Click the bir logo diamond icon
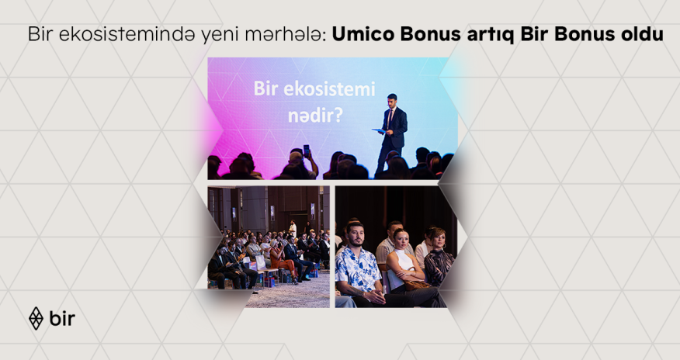(36, 318)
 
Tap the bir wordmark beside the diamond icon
(62, 318)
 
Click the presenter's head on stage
(393, 100)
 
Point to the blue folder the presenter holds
(379, 130)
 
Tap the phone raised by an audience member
(306, 149)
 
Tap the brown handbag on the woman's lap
(415, 284)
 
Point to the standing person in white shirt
(293, 228)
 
